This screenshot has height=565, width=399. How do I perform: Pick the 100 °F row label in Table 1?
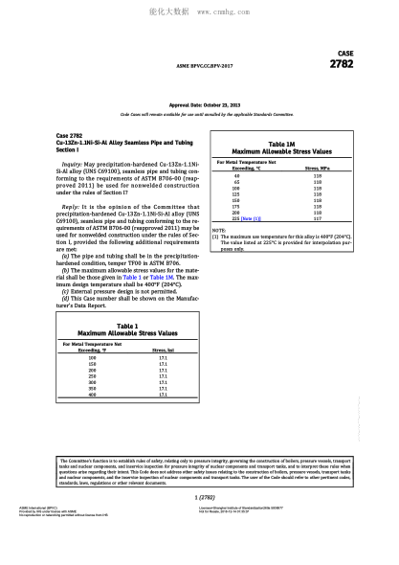(93, 357)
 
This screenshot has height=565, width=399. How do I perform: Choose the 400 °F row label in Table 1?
(93, 395)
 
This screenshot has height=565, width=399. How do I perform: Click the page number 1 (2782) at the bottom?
(198, 498)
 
